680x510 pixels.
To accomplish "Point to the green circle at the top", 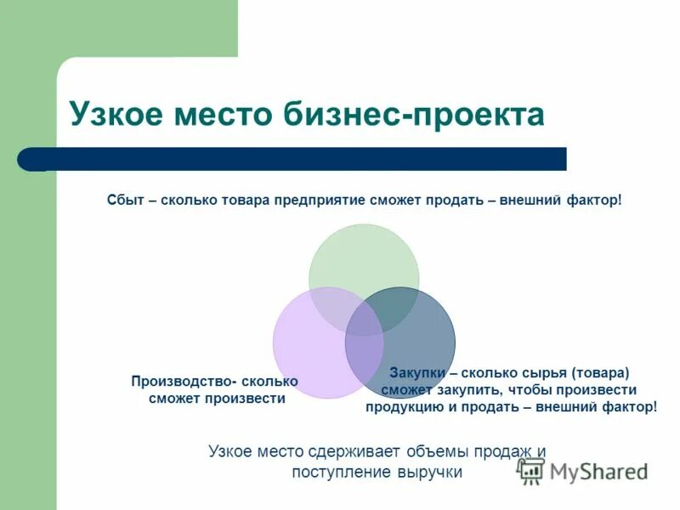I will pos(363,255).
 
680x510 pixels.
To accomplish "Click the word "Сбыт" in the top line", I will pos(123,201).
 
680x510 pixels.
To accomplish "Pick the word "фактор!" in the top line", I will pos(594,201).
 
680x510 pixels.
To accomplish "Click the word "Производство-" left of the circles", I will pos(178,381).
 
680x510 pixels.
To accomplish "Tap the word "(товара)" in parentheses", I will pos(600,372).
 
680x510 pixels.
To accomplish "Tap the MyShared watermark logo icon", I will pos(531,470).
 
